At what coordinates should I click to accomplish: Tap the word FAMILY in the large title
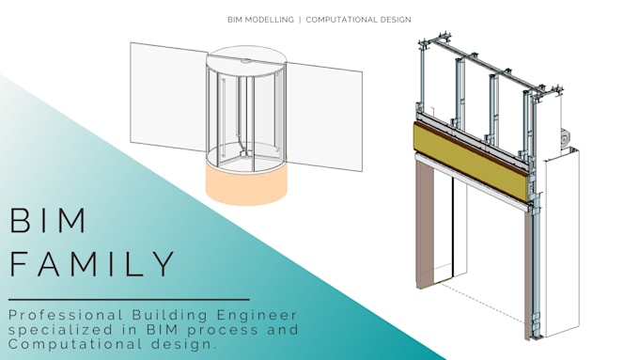click(92, 264)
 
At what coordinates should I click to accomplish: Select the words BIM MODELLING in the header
click(260, 19)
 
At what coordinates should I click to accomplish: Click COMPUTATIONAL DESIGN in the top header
click(359, 19)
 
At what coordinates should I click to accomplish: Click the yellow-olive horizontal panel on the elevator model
click(471, 160)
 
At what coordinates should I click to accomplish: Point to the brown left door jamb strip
click(424, 226)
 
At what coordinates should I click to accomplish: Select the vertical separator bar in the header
click(300, 19)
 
